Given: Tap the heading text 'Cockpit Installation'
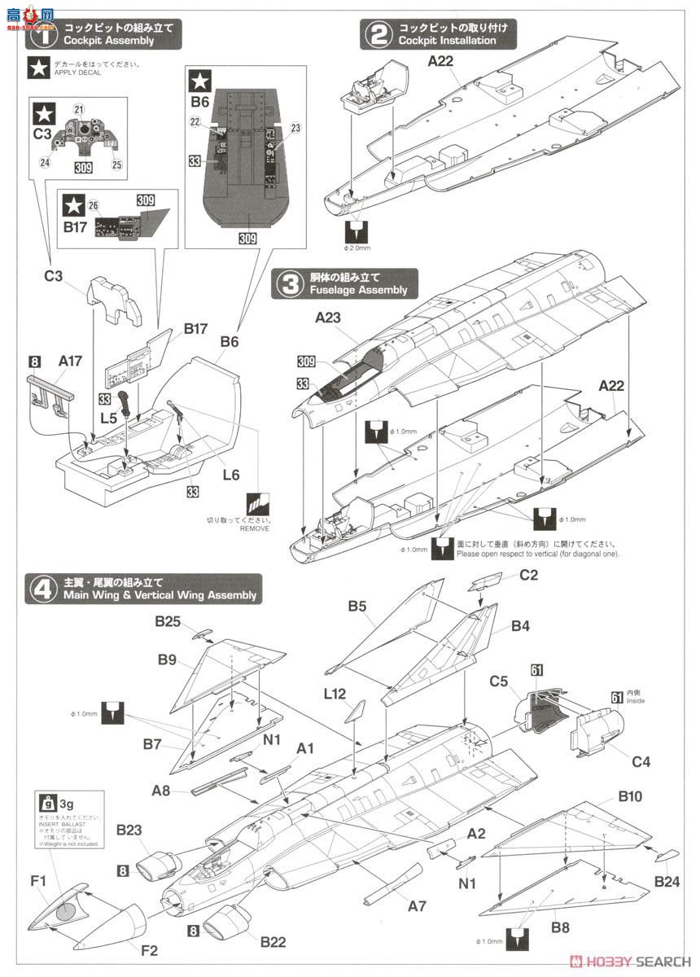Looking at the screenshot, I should [447, 41].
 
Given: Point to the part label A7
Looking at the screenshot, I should [418, 905].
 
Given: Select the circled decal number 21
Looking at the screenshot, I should [79, 109].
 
